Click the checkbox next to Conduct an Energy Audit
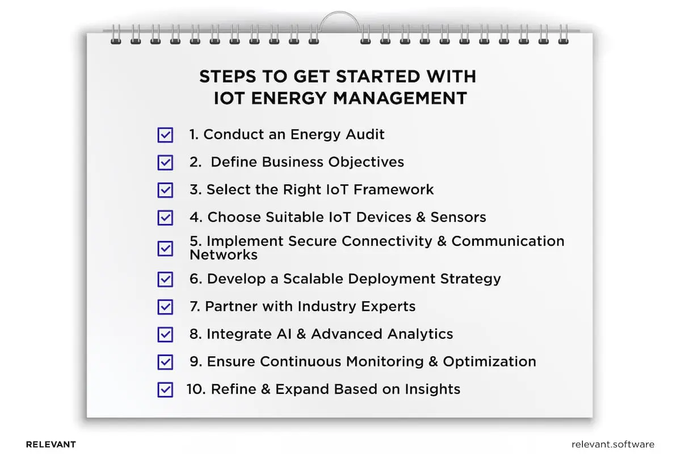click(165, 135)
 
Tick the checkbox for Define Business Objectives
click(165, 162)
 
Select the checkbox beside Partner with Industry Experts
click(165, 307)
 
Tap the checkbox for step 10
click(165, 390)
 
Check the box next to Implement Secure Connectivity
click(165, 248)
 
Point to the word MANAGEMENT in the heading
click(400, 98)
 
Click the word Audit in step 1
click(365, 134)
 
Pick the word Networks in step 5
click(224, 255)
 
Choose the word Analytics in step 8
click(421, 334)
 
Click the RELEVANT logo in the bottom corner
click(51, 444)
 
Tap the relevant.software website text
click(613, 444)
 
